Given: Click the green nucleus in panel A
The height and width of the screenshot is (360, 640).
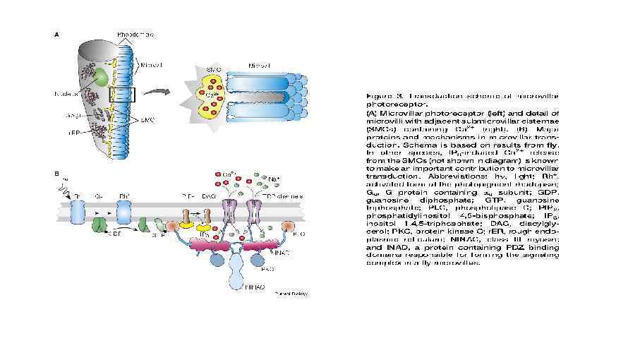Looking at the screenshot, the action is coord(102,76).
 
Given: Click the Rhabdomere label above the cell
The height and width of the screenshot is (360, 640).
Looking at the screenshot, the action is coord(136,34).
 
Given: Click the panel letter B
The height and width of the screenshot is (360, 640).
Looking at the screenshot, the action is coord(56,172).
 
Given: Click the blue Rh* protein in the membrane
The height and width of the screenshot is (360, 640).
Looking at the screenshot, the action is coord(123,210).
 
